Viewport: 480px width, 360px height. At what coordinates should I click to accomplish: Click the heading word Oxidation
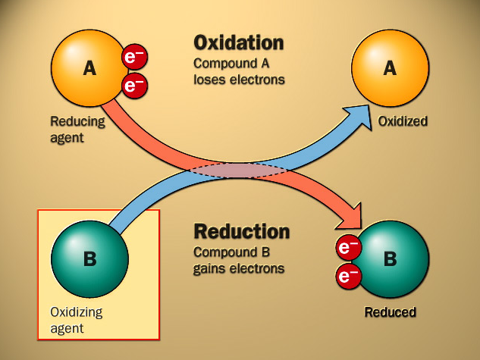point(238,42)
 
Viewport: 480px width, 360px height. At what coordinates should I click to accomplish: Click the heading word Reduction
point(242,231)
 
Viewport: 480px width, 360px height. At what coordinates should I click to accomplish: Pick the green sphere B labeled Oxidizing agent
point(89,259)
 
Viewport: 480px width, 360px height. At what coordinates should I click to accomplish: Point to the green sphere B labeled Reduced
point(389,259)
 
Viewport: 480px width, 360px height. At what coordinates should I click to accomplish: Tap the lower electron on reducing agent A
point(134,86)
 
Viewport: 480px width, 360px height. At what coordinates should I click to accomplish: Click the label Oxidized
point(403,121)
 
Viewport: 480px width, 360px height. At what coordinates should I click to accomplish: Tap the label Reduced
point(390,311)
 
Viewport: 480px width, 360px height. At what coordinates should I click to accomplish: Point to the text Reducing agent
point(77,129)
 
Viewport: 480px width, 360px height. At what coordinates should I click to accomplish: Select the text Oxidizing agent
point(76,320)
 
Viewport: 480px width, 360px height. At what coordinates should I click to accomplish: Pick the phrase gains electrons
point(239,268)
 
